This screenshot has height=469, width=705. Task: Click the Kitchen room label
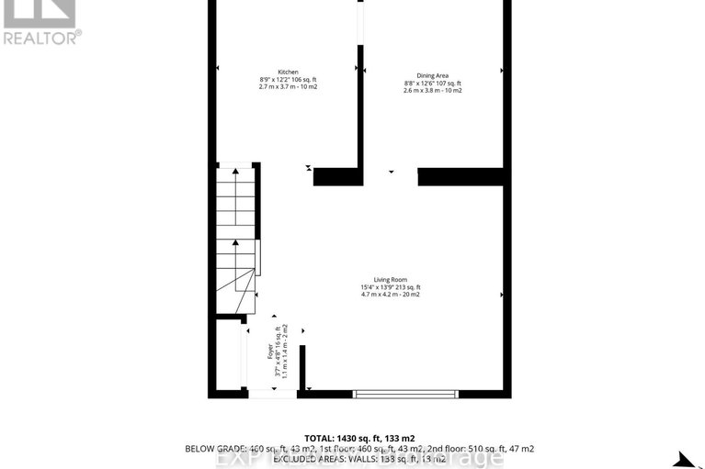click(x=289, y=72)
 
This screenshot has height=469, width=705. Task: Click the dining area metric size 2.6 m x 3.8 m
click(x=432, y=91)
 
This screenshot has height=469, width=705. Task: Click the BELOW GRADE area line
click(x=359, y=449)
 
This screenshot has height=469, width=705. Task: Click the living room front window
click(x=405, y=394)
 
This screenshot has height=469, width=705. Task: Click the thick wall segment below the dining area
click(x=461, y=176)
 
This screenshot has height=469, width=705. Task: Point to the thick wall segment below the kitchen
click(x=336, y=176)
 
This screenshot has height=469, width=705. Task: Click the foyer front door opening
click(x=272, y=394)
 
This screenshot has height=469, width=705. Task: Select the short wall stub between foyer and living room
click(x=301, y=367)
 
